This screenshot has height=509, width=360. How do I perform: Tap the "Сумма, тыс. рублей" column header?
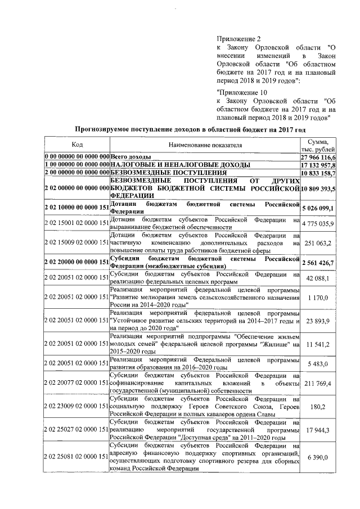(x=318, y=145)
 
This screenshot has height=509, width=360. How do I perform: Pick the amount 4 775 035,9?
(x=318, y=223)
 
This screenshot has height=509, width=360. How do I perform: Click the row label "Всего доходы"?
(x=130, y=156)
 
